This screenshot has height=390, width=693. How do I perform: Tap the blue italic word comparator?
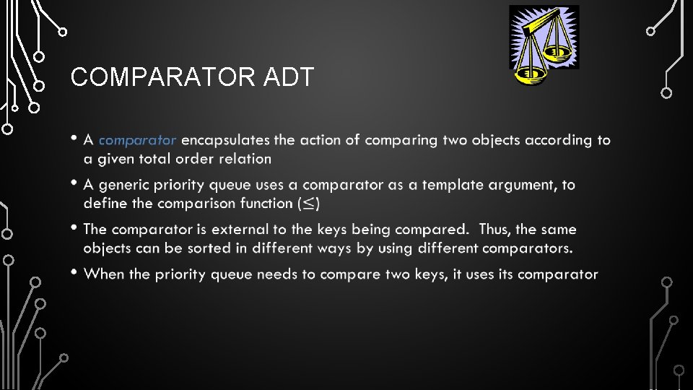tap(137, 140)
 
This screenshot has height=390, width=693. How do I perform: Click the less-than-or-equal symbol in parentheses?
tap(308, 204)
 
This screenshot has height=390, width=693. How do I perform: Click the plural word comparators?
tap(527, 248)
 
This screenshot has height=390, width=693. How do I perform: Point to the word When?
tap(104, 274)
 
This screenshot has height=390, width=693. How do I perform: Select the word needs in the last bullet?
tap(295, 274)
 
